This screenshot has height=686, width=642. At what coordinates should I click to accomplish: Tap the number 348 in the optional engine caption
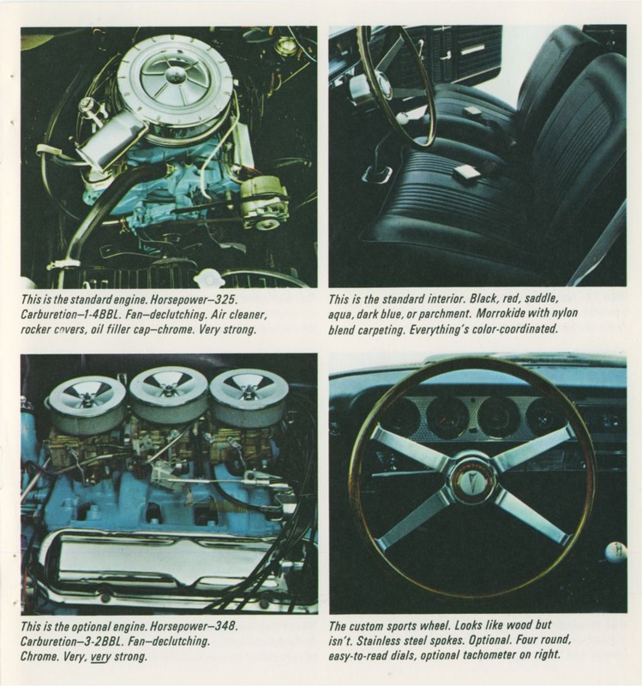click(x=221, y=626)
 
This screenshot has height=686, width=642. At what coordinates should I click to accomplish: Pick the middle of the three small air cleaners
click(x=168, y=392)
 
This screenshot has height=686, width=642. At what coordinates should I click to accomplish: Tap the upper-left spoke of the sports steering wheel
click(x=411, y=446)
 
